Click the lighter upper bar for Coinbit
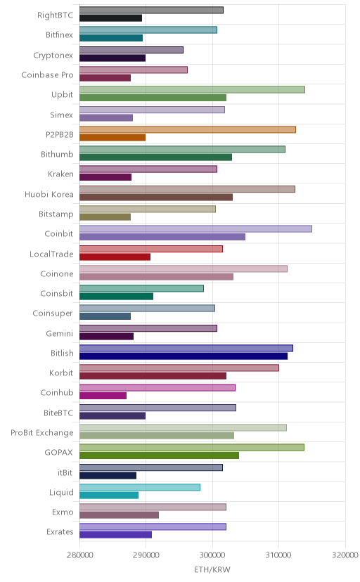(x=195, y=228)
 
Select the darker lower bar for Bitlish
(x=184, y=356)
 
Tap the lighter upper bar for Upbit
(x=192, y=89)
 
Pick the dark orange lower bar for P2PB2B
(x=112, y=138)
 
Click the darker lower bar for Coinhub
(x=103, y=396)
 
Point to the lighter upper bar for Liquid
(x=140, y=487)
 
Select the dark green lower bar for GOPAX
(x=159, y=455)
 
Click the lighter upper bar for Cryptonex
(x=131, y=50)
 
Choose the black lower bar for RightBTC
(x=110, y=18)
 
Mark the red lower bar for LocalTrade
(x=115, y=257)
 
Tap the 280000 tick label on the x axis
(x=79, y=555)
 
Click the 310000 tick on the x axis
(x=278, y=555)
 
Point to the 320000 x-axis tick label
(x=345, y=555)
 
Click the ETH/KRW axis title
(x=212, y=570)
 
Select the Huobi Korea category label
(x=49, y=195)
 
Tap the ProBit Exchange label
(x=42, y=433)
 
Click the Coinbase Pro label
(x=48, y=75)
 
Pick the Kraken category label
(x=61, y=174)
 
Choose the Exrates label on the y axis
(x=60, y=532)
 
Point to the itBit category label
(x=65, y=472)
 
